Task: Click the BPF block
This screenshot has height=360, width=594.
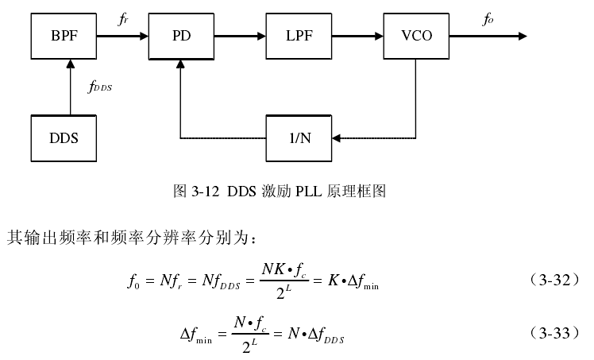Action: [x=64, y=36]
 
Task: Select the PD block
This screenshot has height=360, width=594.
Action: [x=181, y=36]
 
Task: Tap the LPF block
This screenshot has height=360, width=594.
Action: [x=299, y=36]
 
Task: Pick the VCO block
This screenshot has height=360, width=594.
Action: [x=416, y=36]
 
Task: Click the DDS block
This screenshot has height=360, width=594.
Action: [x=64, y=138]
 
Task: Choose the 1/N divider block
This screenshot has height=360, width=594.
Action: [x=299, y=138]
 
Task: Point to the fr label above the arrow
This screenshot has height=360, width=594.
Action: [x=123, y=19]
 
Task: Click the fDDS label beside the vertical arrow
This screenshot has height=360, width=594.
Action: [x=100, y=87]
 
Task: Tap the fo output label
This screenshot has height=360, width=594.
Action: [x=488, y=19]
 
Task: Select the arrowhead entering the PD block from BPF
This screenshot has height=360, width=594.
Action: [x=144, y=36]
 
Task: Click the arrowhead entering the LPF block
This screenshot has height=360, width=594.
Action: [x=261, y=36]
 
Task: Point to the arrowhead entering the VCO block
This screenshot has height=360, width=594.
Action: [x=379, y=36]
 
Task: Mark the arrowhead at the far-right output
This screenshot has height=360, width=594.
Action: [x=523, y=36]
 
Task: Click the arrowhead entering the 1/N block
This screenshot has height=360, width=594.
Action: [x=337, y=138]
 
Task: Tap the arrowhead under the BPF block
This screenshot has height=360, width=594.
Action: [x=70, y=64]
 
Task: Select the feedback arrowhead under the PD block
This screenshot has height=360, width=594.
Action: [x=181, y=64]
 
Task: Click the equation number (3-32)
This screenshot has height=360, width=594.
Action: [x=554, y=280]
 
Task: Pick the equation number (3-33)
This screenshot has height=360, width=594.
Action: [x=554, y=333]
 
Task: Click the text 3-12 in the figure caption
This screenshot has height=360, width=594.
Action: [x=206, y=191]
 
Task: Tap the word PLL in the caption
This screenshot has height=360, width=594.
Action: [x=308, y=191]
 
